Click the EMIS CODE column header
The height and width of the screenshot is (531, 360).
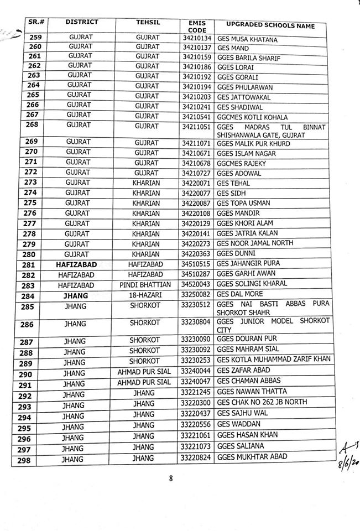pos(196,26)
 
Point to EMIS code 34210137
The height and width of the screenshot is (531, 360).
pos(196,49)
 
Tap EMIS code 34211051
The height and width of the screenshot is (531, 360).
pos(196,127)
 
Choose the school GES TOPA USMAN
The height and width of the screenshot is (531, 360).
pos(244,203)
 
